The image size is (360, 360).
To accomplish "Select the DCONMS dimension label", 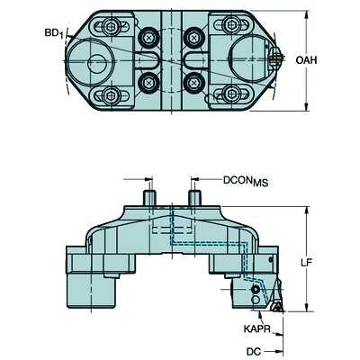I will [x=246, y=181].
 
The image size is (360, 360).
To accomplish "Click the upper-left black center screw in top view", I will [x=148, y=39].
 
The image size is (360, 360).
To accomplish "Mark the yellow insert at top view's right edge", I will [x=275, y=59].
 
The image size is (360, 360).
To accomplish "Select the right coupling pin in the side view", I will [x=193, y=195].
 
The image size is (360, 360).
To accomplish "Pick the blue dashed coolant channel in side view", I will [x=207, y=243].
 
